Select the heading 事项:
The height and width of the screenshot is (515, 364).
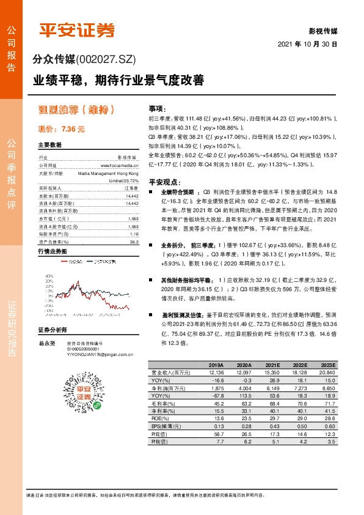click(158, 107)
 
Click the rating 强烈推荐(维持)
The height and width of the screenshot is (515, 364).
click(77, 110)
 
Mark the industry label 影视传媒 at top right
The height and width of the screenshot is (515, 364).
click(324, 30)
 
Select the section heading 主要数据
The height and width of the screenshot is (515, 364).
click(50, 146)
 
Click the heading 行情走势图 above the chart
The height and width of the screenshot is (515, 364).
click(52, 251)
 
